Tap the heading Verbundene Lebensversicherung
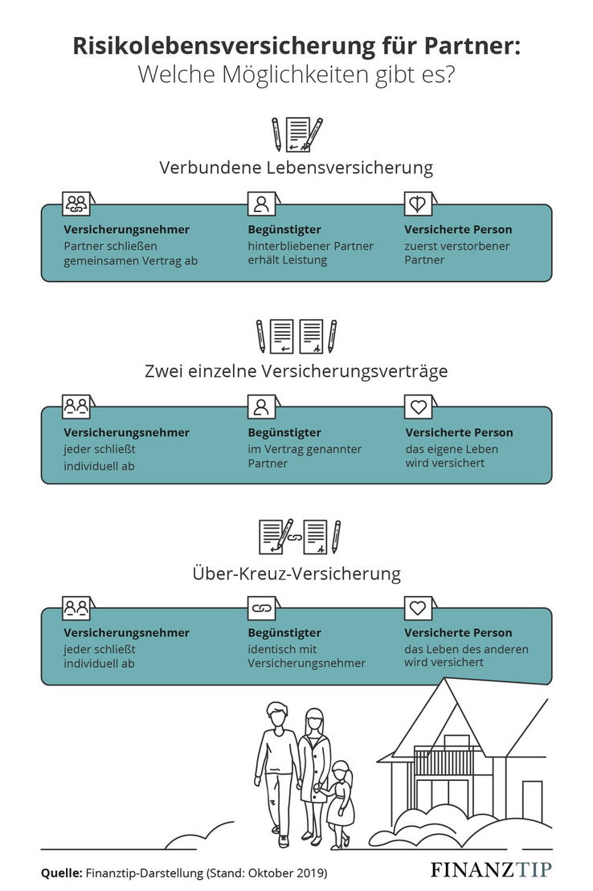pyautogui.click(x=296, y=168)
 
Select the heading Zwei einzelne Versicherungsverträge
pyautogui.click(x=296, y=372)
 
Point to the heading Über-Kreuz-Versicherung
pyautogui.click(x=296, y=574)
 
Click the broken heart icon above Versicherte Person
pyautogui.click(x=416, y=204)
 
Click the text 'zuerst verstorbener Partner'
pyautogui.click(x=456, y=253)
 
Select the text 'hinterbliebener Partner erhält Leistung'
pyautogui.click(x=310, y=253)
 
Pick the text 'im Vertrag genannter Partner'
pyautogui.click(x=305, y=456)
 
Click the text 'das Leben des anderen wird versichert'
pyautogui.click(x=466, y=656)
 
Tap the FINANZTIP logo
pyautogui.click(x=492, y=870)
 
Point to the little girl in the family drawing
pyautogui.click(x=339, y=803)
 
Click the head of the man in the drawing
pyautogui.click(x=277, y=713)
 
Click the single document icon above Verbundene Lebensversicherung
pyautogui.click(x=299, y=134)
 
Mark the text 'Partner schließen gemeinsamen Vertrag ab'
pyautogui.click(x=130, y=253)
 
